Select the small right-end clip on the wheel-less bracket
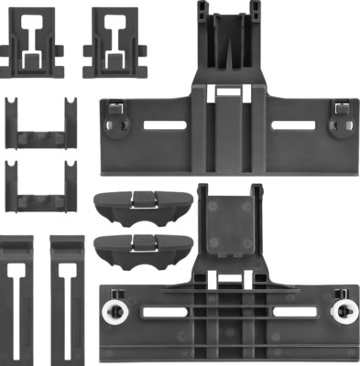coord(340,113)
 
